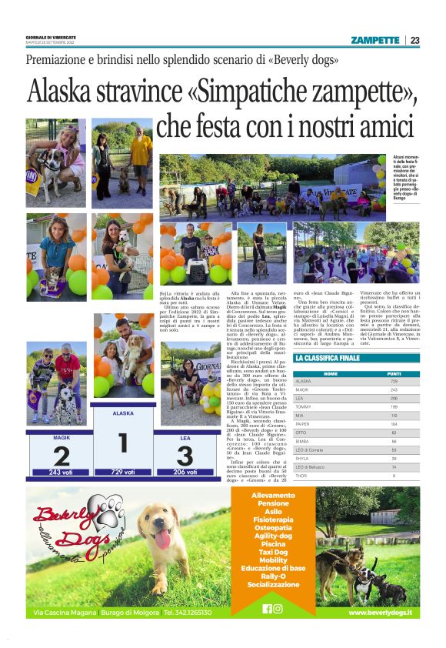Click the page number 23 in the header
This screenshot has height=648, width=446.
[414, 40]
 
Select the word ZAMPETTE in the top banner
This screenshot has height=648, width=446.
[374, 40]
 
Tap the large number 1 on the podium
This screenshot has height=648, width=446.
[121, 443]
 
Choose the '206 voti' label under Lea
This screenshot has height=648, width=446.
[185, 472]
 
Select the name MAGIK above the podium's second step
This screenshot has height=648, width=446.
[62, 436]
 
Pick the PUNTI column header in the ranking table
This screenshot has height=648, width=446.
[394, 373]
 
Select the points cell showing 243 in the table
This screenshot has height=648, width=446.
[394, 389]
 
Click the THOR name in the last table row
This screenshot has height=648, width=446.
[302, 476]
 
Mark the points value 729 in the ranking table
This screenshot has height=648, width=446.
[394, 381]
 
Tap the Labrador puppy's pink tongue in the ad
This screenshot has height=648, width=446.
[162, 539]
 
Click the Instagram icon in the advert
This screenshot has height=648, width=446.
[278, 608]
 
